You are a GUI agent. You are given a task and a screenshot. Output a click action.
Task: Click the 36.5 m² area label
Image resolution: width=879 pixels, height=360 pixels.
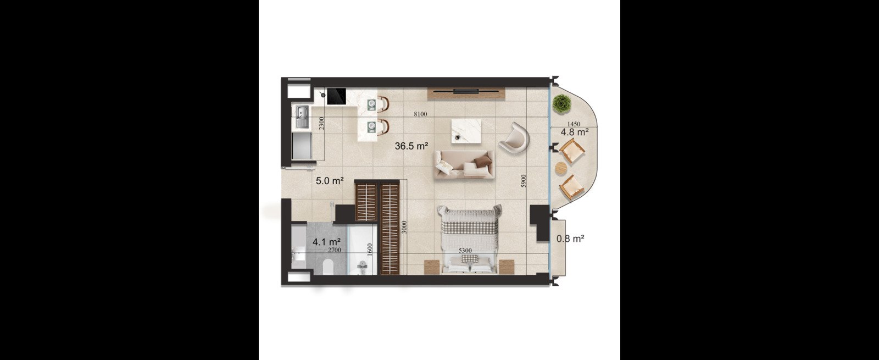pos(411,146)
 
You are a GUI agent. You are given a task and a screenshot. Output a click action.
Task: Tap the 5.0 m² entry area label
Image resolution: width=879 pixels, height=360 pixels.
pos(330,181)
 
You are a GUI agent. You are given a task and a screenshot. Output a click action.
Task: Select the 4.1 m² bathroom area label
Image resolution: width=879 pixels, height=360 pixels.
pos(326,241)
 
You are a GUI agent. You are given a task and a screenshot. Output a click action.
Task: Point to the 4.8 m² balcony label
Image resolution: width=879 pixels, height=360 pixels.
pos(575,132)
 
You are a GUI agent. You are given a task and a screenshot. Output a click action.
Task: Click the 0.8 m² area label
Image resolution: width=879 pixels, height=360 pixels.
pos(571,239)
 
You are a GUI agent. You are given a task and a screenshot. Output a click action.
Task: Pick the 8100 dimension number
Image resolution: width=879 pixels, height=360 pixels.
pos(420,114)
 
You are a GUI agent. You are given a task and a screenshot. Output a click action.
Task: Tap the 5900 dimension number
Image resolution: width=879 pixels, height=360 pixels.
pos(524,181)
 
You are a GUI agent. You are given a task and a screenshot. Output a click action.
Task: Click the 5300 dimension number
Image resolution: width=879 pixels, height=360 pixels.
pos(465,251)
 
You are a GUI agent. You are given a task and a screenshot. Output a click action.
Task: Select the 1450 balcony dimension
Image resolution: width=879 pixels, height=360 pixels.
pos(574,124)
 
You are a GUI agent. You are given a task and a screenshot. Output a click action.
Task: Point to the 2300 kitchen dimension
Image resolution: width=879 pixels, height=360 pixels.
pos(321,123)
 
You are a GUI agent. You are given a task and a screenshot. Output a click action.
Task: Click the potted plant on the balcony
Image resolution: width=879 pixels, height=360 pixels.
pos(561,103)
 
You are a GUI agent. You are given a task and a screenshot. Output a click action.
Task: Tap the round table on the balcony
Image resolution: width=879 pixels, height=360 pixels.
pos(561,169)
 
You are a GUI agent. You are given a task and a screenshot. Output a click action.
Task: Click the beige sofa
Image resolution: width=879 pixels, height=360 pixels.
pos(464,165)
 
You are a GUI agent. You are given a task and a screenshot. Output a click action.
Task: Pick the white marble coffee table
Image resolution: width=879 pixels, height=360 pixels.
pos(466,132)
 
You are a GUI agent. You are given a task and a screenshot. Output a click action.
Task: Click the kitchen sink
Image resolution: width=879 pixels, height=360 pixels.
pos(302,117)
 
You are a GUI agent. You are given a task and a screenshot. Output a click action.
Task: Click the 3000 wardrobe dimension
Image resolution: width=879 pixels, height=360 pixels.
pos(404,227)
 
